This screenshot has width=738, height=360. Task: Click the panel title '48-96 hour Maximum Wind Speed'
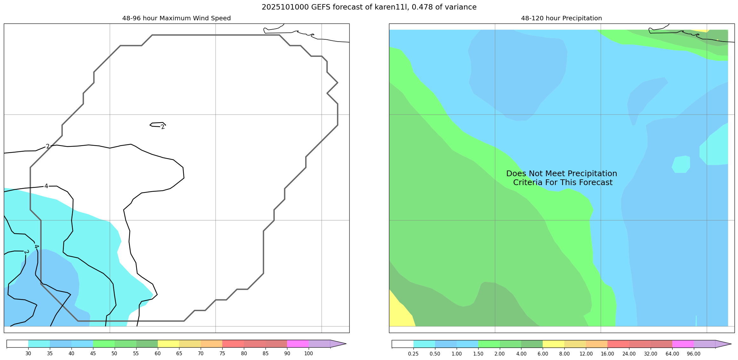(176, 18)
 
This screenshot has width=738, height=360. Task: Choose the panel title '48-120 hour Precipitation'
(561, 18)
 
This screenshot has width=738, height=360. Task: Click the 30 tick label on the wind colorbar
(28, 354)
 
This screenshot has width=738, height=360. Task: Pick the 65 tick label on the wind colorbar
(179, 354)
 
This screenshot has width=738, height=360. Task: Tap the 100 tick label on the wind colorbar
(308, 354)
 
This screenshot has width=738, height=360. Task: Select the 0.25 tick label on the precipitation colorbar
(413, 354)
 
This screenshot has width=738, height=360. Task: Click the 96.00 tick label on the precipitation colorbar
(694, 354)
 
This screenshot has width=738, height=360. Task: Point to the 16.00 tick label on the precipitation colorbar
(607, 354)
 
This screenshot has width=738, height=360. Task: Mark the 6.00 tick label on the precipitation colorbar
(543, 354)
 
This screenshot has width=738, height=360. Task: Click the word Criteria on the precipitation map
(528, 183)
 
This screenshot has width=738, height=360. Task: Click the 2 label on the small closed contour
(163, 127)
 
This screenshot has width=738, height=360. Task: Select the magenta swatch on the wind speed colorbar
(298, 344)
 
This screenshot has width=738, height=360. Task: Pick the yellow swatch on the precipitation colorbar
(553, 344)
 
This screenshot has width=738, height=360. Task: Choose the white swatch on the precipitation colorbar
(402, 344)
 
